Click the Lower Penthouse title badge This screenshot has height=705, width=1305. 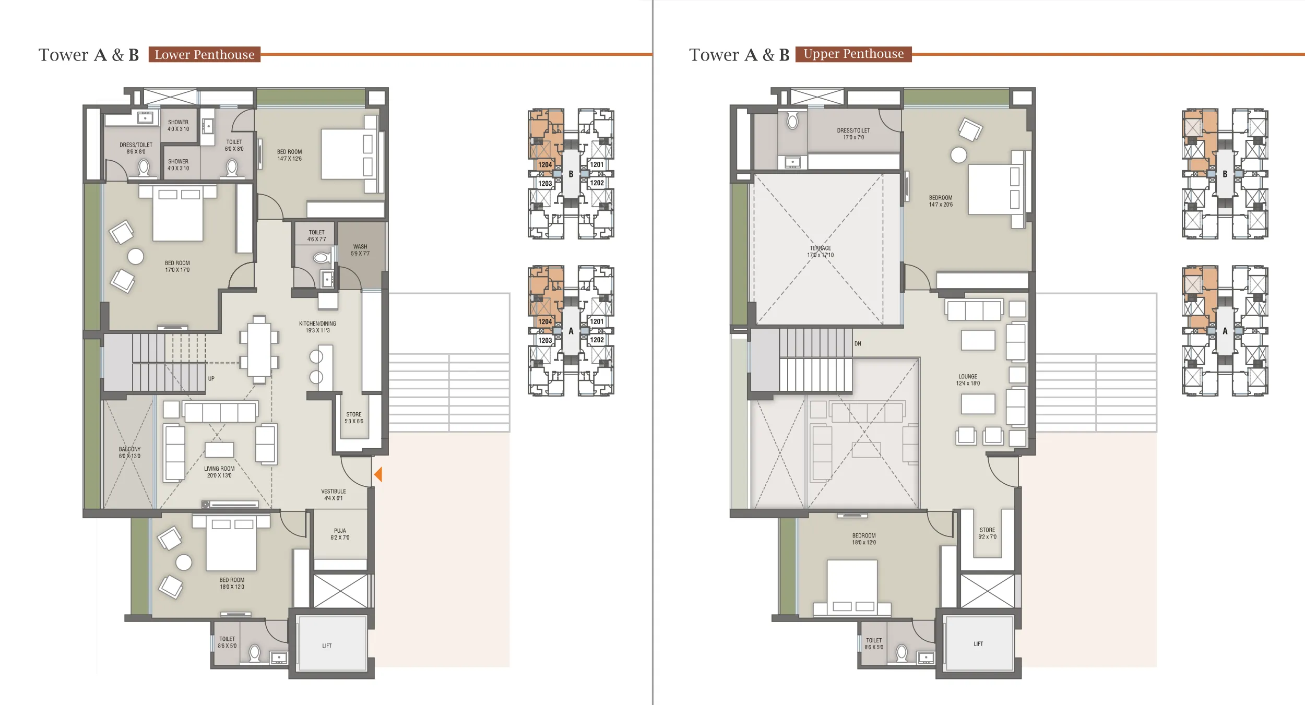pyautogui.click(x=204, y=55)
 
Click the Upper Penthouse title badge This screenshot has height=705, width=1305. pyautogui.click(x=853, y=54)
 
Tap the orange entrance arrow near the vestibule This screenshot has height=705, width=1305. pyautogui.click(x=378, y=474)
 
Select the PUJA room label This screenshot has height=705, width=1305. pyautogui.click(x=340, y=534)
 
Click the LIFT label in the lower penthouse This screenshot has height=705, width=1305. pyautogui.click(x=327, y=646)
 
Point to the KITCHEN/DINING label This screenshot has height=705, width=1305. pyautogui.click(x=317, y=327)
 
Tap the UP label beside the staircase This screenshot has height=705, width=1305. pyautogui.click(x=211, y=379)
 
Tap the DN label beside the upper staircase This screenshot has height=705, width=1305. pyautogui.click(x=858, y=344)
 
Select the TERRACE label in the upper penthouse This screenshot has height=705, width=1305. pyautogui.click(x=820, y=252)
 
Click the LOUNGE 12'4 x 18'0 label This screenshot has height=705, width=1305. pyautogui.click(x=968, y=380)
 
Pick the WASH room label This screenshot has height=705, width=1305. pyautogui.click(x=360, y=250)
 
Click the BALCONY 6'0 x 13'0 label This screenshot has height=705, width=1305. pyautogui.click(x=129, y=452)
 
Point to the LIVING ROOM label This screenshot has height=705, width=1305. pyautogui.click(x=219, y=472)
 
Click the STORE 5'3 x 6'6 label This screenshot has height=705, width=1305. pyautogui.click(x=354, y=417)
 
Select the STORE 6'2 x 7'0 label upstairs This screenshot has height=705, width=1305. pyautogui.click(x=987, y=533)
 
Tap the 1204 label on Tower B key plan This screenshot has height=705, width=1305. pyautogui.click(x=545, y=165)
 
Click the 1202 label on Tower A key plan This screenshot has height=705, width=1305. pyautogui.click(x=597, y=340)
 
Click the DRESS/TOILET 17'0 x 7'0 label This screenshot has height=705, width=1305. pyautogui.click(x=853, y=134)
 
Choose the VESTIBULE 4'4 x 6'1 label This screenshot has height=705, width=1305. pyautogui.click(x=334, y=495)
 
